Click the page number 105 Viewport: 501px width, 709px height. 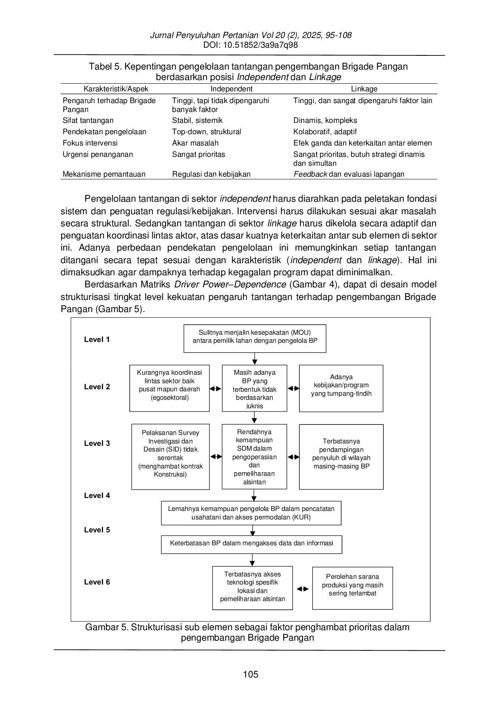(250, 674)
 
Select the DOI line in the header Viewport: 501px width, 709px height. (250, 45)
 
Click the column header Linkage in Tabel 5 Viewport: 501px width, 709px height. (364, 89)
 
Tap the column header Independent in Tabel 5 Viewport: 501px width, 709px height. (232, 89)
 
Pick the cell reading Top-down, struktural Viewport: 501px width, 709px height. (206, 132)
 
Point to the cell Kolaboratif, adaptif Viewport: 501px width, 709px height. (325, 132)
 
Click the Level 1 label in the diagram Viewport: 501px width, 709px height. (97, 340)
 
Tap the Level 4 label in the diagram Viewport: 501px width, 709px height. (97, 496)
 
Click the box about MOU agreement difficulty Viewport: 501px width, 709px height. (255, 339)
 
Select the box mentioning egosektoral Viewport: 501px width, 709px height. (170, 388)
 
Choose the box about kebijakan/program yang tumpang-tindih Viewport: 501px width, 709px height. (341, 388)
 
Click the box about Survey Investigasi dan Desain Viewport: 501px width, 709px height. (171, 457)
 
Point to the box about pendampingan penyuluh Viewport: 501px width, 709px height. (341, 457)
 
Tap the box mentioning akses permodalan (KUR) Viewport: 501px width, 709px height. (251, 513)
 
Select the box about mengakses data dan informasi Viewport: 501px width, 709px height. (252, 544)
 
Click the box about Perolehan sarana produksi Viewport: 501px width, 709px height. (353, 588)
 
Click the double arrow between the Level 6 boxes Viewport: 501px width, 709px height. (303, 589)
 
